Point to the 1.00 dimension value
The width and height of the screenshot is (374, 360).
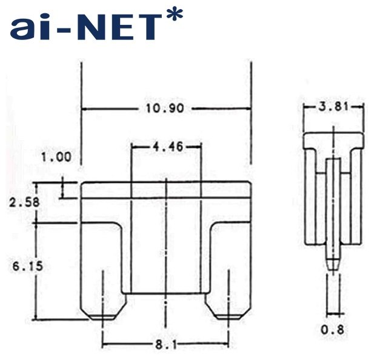click(56, 158)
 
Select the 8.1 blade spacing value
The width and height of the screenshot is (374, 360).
click(165, 344)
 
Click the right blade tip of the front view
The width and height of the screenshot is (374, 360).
click(228, 316)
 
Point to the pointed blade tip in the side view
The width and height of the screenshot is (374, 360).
click(332, 264)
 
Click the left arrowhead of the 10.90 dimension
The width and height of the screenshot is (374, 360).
click(84, 109)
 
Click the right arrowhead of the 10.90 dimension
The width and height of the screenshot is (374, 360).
click(248, 109)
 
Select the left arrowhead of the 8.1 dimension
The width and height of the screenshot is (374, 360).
click(105, 344)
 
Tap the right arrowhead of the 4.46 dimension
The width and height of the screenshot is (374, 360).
click(198, 147)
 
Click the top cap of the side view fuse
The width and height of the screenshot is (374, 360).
click(333, 140)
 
